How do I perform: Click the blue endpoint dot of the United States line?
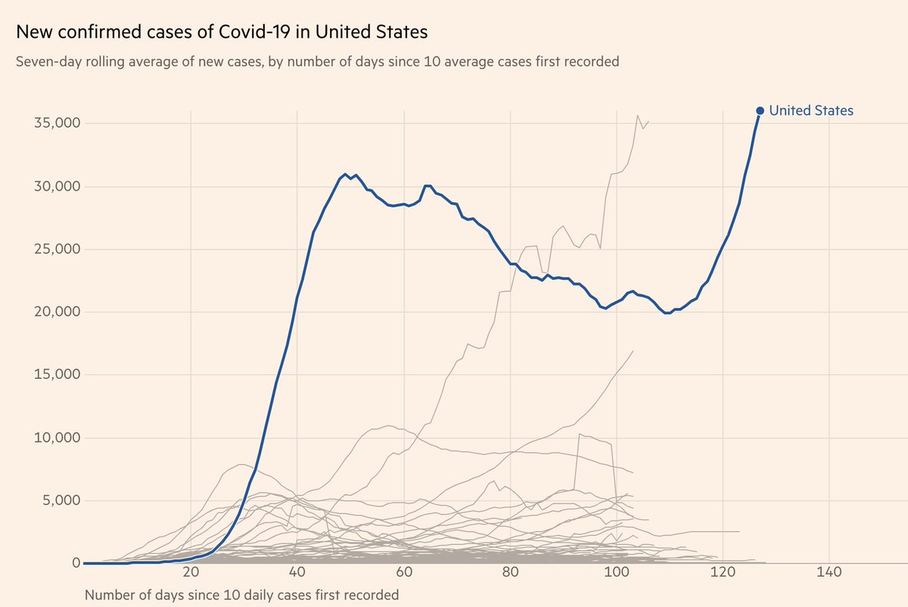(760, 110)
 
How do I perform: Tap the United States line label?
(811, 110)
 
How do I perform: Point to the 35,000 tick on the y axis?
(57, 123)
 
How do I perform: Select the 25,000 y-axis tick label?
(57, 249)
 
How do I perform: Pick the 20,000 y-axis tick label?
(57, 312)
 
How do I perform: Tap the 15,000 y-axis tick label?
(57, 375)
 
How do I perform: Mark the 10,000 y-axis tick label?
(57, 438)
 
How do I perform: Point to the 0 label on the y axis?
(76, 563)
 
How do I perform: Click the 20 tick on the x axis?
(191, 572)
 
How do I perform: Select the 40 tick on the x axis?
(297, 572)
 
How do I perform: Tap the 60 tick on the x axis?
(403, 572)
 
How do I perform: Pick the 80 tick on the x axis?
(510, 572)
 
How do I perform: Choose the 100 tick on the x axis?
(617, 572)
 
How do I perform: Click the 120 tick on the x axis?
(723, 572)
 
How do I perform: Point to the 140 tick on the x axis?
(829, 572)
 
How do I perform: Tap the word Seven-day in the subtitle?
(46, 61)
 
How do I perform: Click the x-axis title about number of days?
(241, 594)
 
